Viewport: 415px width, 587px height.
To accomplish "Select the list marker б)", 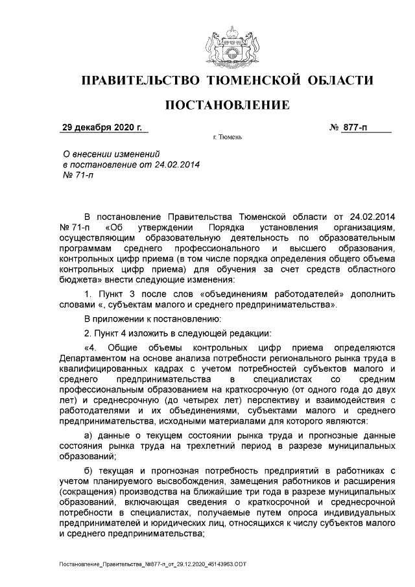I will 91,470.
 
